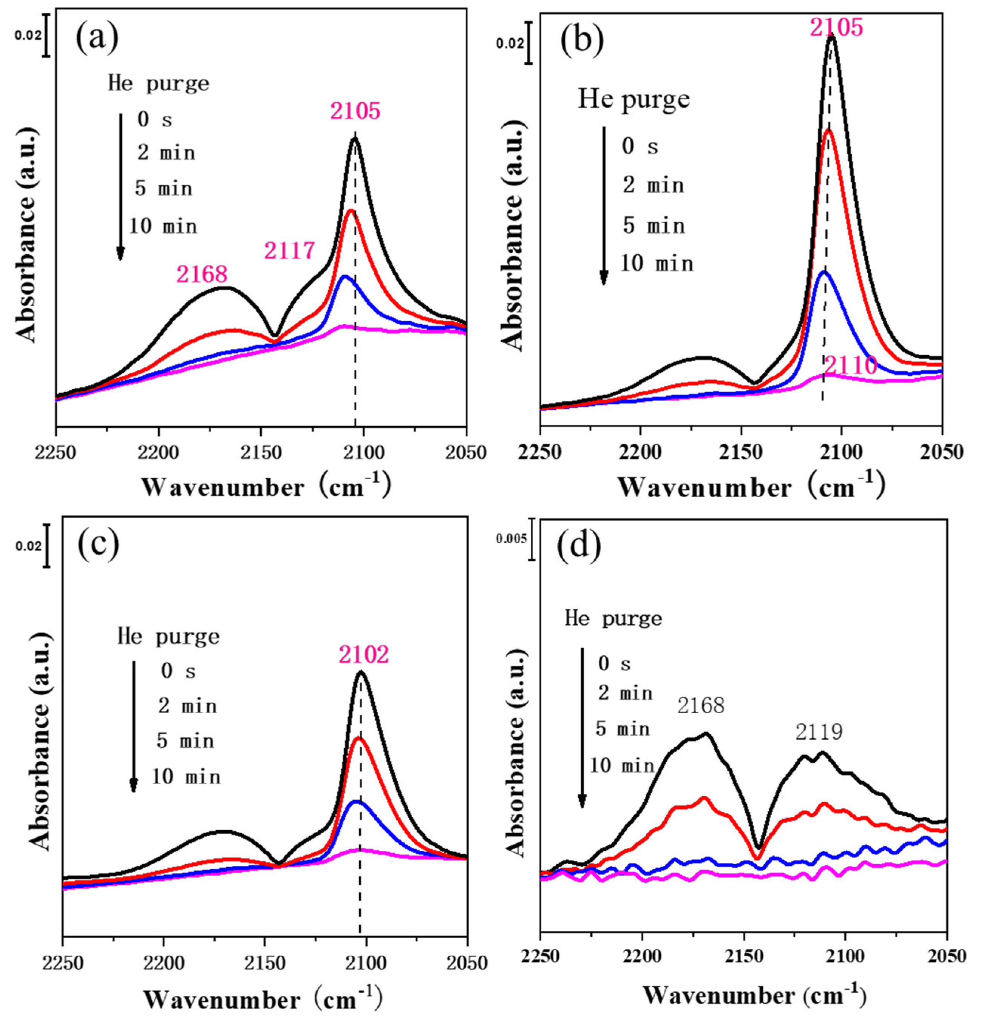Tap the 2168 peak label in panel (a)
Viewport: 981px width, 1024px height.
(202, 274)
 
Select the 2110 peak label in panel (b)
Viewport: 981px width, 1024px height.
(850, 366)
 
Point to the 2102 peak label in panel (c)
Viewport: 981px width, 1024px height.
(363, 654)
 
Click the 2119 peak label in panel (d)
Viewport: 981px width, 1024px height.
(819, 732)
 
